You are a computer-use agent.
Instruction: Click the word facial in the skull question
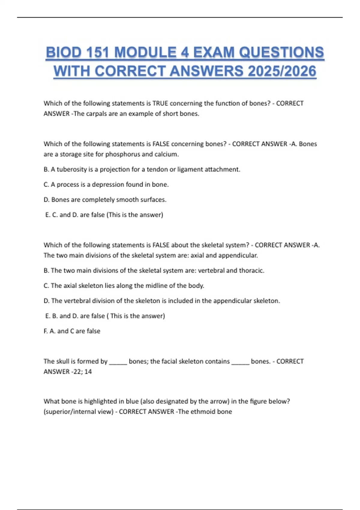(x=170, y=361)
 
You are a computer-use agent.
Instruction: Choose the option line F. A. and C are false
(x=72, y=331)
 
